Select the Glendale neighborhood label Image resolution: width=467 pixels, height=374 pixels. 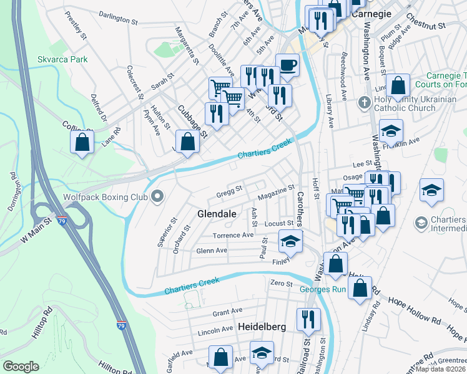pyautogui.click(x=217, y=214)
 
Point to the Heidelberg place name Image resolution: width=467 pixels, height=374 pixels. pyautogui.click(x=262, y=327)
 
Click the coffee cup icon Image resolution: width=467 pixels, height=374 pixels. pyautogui.click(x=287, y=65)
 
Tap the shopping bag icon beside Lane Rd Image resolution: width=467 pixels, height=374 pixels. pyautogui.click(x=82, y=142)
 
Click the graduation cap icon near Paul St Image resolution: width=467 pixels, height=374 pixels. pyautogui.click(x=290, y=241)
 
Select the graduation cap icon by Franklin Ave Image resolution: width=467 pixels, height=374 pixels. pyautogui.click(x=391, y=131)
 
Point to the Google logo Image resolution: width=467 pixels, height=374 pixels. pyautogui.click(x=21, y=367)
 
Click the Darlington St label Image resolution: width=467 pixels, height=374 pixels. pyautogui.click(x=118, y=20)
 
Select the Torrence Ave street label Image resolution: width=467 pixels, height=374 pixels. pyautogui.click(x=233, y=236)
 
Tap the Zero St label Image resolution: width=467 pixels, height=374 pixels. pyautogui.click(x=281, y=284)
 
